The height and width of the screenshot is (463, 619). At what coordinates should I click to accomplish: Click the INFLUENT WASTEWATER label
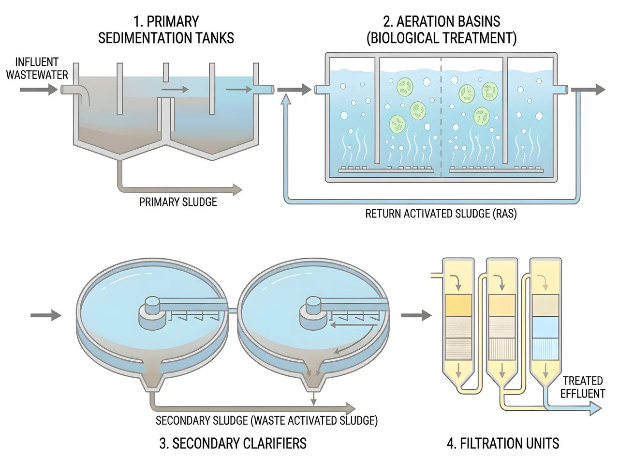tap(37, 68)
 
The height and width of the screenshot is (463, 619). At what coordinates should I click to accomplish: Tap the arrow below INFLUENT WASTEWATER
tap(39, 90)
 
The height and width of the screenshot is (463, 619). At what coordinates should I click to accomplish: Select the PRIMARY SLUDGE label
tap(178, 202)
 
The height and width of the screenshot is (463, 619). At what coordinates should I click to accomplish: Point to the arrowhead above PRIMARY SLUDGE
tap(237, 190)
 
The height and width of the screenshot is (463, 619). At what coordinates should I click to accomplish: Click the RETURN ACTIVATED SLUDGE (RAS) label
tap(441, 214)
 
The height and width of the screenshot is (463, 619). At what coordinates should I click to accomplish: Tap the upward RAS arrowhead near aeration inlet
tap(286, 99)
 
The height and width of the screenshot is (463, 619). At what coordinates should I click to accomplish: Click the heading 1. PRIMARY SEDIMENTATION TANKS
tap(166, 30)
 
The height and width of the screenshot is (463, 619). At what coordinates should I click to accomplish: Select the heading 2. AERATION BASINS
tap(442, 21)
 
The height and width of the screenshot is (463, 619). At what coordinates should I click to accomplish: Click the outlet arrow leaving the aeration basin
tap(588, 90)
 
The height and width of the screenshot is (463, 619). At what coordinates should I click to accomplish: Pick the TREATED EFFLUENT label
tap(583, 387)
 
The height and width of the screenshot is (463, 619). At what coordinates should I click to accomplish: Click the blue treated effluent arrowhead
tap(596, 409)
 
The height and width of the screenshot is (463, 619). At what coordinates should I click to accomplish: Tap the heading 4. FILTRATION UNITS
tap(503, 443)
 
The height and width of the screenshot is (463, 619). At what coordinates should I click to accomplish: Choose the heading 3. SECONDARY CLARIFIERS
tap(233, 443)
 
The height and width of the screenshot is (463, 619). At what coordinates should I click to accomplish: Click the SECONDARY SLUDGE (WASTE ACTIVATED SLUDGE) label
tap(266, 421)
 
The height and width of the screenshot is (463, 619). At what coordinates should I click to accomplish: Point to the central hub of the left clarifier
tap(152, 313)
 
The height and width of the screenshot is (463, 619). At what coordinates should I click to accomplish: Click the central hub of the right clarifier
tap(313, 313)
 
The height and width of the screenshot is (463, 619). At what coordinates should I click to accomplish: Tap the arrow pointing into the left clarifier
tap(45, 315)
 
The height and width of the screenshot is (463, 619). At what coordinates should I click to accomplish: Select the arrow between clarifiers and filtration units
tap(416, 315)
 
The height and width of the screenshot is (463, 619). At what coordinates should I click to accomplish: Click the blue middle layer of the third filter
tap(545, 327)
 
